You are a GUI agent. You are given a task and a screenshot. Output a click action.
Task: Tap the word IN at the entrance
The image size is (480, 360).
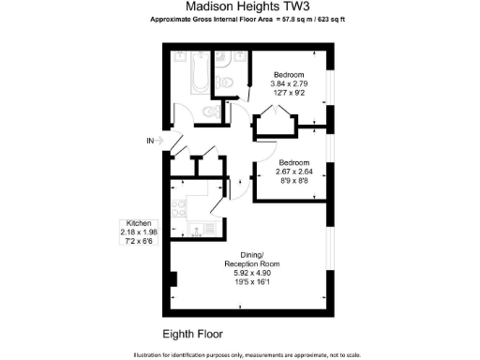150,141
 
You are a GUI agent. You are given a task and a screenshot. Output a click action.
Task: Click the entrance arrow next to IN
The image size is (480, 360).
161,141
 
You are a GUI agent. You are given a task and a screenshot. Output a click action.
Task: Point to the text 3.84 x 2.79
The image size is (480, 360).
289,84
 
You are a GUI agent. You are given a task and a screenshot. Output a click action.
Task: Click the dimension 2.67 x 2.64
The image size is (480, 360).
293,171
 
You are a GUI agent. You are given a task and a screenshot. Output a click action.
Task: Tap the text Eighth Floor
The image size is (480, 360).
191,333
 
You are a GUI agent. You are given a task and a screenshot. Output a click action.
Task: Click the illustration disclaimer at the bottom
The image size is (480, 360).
239,353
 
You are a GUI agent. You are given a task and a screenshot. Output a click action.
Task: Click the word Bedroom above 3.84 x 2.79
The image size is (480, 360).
289,74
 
